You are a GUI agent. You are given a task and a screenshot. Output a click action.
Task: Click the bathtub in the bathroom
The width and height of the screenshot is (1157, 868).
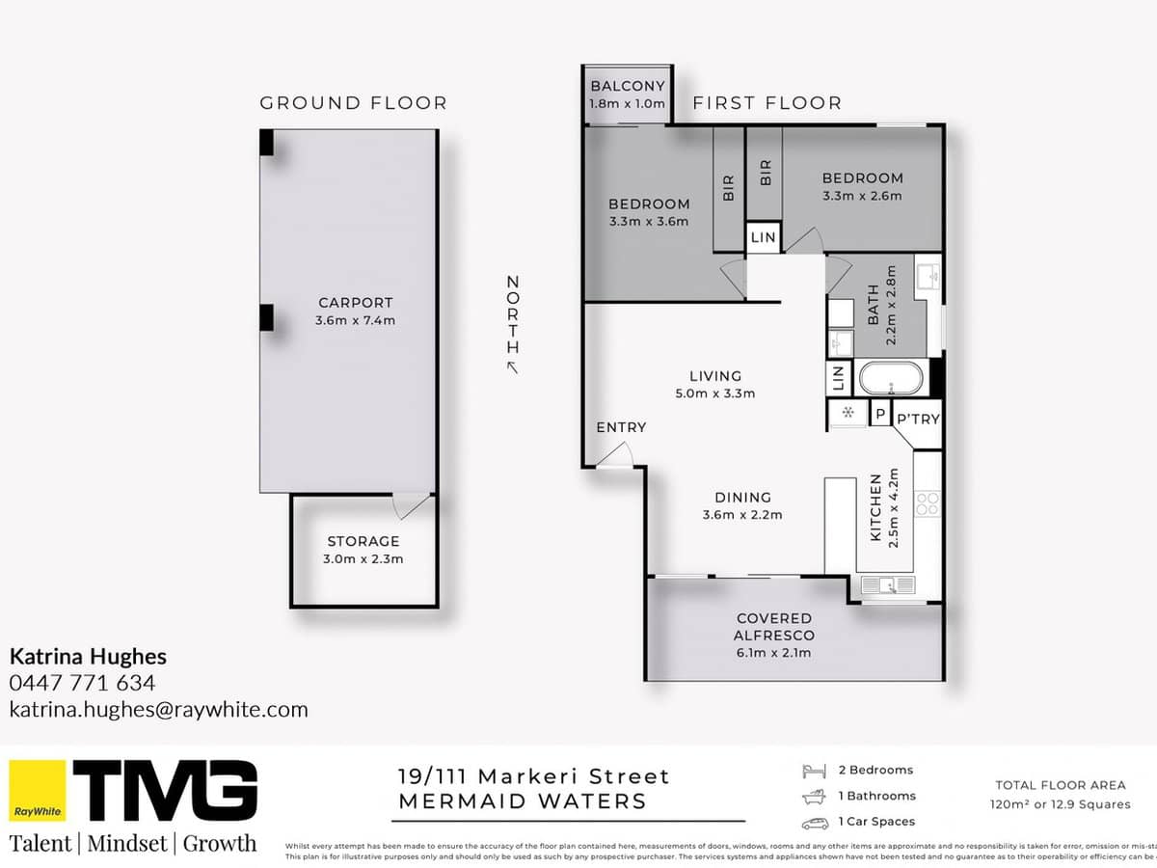(891, 377)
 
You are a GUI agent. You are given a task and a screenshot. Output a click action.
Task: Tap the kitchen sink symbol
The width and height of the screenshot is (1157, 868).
(887, 584)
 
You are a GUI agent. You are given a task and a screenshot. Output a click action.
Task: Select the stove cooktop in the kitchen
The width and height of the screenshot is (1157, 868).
(927, 503)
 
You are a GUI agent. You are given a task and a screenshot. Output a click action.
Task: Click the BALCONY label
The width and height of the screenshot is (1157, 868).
(628, 87)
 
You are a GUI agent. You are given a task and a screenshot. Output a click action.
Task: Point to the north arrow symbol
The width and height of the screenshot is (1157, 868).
(512, 366)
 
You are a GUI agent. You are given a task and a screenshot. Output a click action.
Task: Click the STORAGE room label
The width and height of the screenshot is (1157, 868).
(363, 541)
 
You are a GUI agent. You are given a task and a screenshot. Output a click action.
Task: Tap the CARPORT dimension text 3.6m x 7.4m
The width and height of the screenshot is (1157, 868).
(356, 320)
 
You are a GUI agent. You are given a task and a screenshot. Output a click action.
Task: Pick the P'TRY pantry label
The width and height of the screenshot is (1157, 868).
(918, 419)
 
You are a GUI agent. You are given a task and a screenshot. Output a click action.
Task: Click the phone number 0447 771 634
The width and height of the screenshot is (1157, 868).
(82, 683)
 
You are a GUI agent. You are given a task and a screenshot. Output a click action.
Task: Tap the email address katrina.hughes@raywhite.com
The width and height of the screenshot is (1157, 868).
(159, 710)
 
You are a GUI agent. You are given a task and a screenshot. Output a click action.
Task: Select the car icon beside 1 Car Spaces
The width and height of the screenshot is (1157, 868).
(815, 822)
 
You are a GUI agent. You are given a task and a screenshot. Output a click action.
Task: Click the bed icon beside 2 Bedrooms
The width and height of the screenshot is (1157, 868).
(815, 771)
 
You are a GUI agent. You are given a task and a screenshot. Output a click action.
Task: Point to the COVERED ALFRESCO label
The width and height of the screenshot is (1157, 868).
(773, 626)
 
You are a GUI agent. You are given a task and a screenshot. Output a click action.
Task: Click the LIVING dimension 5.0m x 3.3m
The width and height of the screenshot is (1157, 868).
(714, 393)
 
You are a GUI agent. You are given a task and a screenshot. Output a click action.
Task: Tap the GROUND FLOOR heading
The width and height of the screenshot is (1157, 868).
(353, 102)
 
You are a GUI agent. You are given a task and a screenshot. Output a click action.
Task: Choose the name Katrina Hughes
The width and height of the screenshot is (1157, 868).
(88, 657)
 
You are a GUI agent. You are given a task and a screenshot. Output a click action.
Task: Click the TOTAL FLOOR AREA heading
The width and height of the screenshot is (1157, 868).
(1060, 785)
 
